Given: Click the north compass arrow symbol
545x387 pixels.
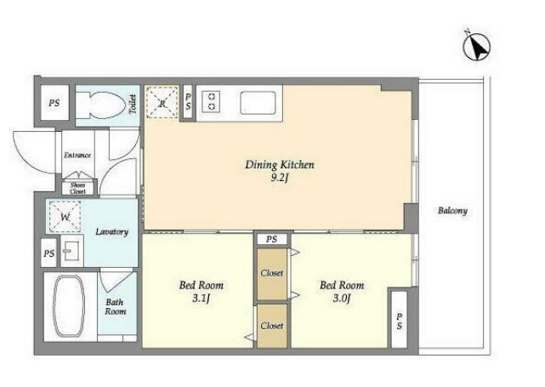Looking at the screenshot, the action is (x=477, y=46).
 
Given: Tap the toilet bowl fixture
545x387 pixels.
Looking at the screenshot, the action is (x=101, y=105).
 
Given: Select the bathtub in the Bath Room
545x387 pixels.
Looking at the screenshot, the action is (x=69, y=306).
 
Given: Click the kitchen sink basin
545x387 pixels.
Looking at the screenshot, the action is (x=258, y=103).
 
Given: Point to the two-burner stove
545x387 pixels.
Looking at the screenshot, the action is (x=212, y=101).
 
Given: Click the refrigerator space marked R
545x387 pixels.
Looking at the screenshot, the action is (x=162, y=103).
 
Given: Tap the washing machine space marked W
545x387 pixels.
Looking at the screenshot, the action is (x=65, y=217).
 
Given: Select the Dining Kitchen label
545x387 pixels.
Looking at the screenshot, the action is (x=280, y=165).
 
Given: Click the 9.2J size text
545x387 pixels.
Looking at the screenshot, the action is (x=280, y=178).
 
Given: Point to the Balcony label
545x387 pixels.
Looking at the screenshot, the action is (x=452, y=211).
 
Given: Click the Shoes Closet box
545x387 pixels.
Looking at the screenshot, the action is (x=77, y=188).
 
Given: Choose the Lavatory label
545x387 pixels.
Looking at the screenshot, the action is (x=112, y=231).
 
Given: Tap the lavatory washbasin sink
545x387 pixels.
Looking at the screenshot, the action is (x=71, y=250).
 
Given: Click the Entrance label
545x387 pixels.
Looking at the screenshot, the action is (x=77, y=155).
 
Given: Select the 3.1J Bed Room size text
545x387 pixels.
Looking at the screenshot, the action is (x=201, y=299).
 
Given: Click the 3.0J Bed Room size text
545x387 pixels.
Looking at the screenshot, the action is (x=341, y=298).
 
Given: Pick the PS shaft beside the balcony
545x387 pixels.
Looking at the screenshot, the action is (x=399, y=320).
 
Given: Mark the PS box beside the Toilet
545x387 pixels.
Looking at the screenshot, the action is (x=54, y=103).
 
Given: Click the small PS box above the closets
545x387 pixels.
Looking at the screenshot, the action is (x=272, y=239).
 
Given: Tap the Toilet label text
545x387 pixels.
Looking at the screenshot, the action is (x=133, y=104).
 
